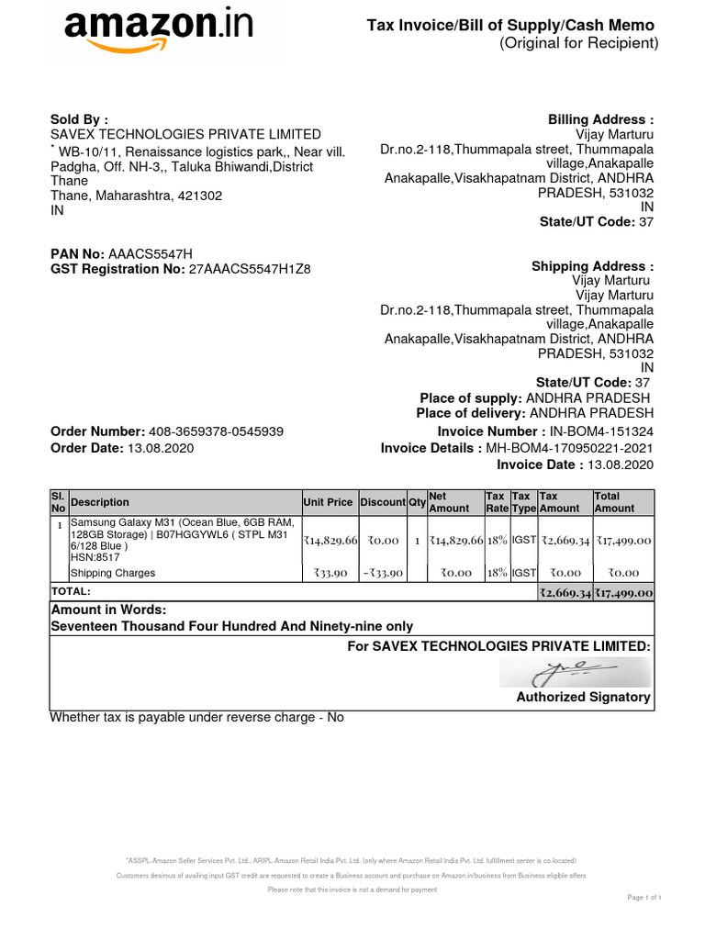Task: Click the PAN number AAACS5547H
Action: pos(151,253)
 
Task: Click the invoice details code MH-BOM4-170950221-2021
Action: pos(570,448)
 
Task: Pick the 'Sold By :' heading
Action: pos(79,119)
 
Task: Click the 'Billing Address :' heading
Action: pos(600,119)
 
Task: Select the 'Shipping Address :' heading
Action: pos(592,266)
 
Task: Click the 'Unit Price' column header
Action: pos(328,502)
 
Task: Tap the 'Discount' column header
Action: pos(382,502)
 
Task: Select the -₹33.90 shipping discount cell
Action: pos(382,574)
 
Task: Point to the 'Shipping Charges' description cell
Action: pos(114,574)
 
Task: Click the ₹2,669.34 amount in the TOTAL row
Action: pos(565,594)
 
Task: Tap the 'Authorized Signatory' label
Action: pos(583,698)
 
